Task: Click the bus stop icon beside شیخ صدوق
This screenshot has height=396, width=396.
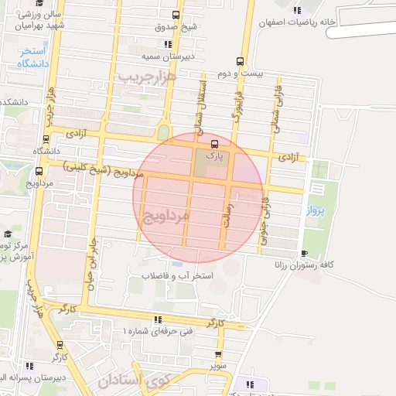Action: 176,15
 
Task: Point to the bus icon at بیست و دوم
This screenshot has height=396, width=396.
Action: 241,61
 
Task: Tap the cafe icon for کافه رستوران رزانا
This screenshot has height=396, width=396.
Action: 304,253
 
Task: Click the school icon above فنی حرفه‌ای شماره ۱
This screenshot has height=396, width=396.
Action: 158,319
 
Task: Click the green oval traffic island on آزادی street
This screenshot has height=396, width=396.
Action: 163,131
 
